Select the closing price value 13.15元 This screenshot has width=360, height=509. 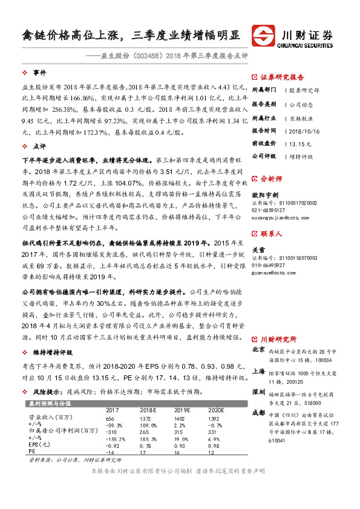tap(300, 143)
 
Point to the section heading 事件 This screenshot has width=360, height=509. tap(40, 72)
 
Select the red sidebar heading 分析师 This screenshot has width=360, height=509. tap(272, 179)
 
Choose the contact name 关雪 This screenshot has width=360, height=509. tap(258, 233)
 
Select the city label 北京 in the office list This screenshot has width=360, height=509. tap(258, 349)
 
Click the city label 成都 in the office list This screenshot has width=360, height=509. tap(258, 413)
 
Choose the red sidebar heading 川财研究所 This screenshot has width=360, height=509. tap(278, 339)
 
